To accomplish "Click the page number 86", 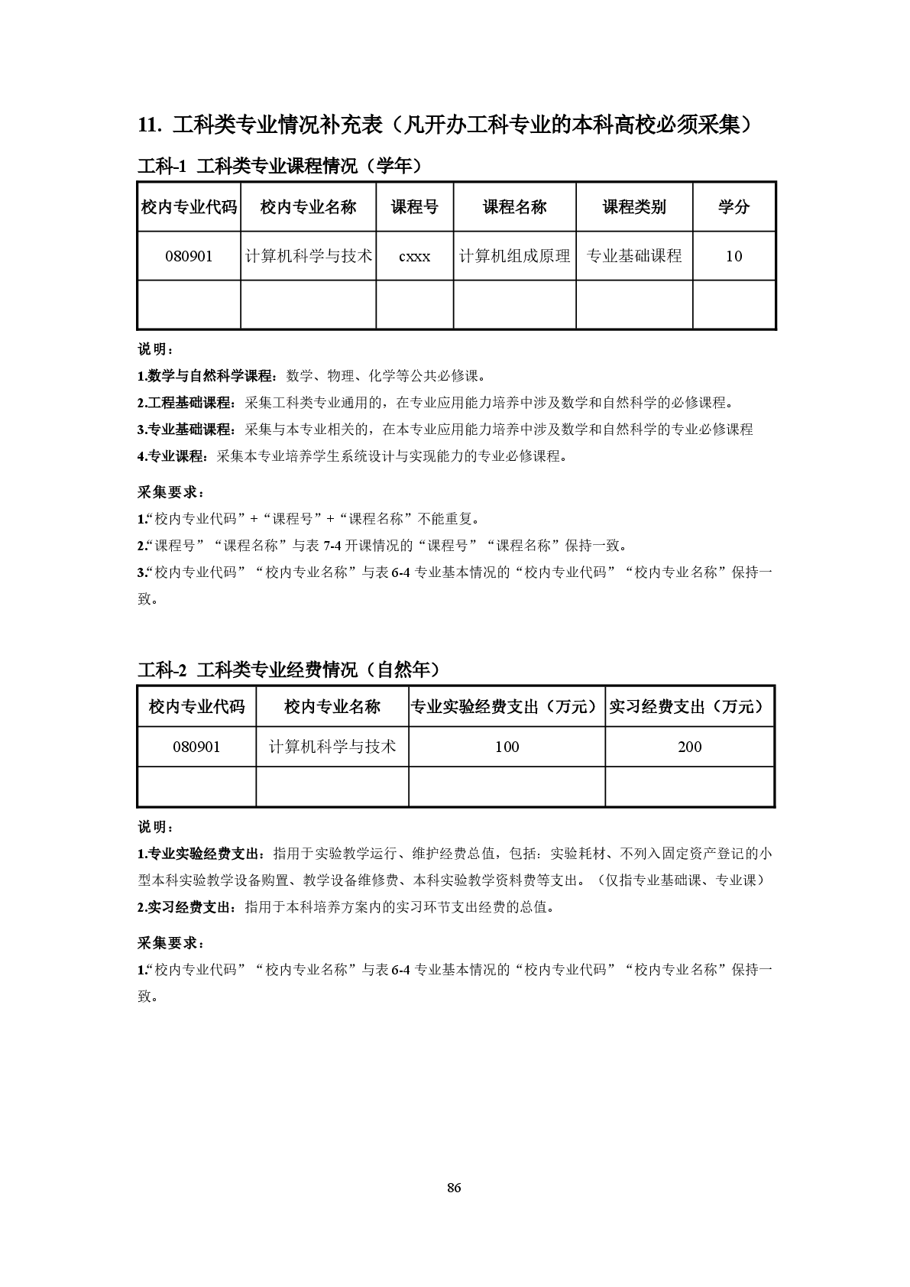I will coord(454,1188).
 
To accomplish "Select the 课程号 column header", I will coord(414,207).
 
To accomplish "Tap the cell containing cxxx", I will coord(414,257).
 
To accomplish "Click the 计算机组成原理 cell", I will coord(514,256).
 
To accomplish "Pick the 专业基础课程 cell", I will coord(633,256).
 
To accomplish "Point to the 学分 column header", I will coord(734,207).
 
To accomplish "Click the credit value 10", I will coord(734,257).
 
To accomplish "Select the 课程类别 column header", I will coord(633,207).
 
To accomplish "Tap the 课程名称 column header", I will coord(514,207).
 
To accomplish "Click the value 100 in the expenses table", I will coord(507,747).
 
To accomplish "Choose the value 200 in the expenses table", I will coord(689,747).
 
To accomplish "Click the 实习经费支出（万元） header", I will coord(689,707).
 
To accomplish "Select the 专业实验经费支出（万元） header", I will coord(507,707).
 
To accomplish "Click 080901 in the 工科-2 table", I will coord(196,747).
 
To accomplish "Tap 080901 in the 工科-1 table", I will coord(189,257).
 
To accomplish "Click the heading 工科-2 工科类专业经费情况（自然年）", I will coord(290,670).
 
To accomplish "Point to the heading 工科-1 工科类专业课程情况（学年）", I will coord(280,166).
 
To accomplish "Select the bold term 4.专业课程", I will coord(173,457).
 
